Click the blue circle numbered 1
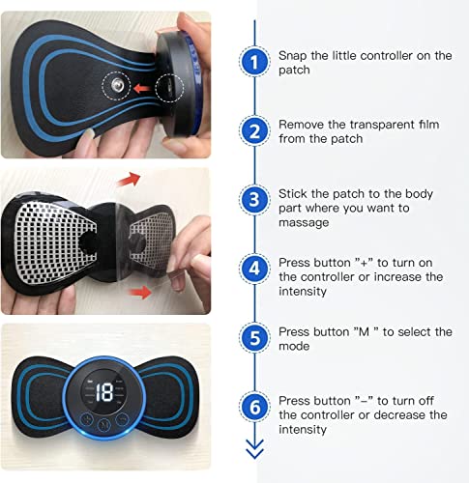point(254,62)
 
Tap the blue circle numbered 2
point(254,131)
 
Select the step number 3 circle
point(254,201)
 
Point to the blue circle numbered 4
point(254,270)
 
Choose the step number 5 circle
point(254,338)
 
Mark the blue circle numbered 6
point(254,408)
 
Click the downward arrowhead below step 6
point(254,452)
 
